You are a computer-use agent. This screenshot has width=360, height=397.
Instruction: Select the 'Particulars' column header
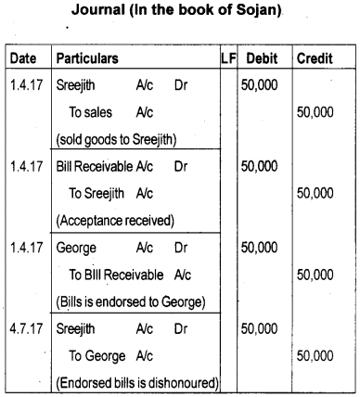point(87,58)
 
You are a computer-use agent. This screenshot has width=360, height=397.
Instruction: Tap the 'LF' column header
point(226,58)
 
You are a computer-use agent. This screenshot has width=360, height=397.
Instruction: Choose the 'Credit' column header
point(315,58)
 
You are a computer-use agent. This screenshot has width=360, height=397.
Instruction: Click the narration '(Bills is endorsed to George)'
point(133,302)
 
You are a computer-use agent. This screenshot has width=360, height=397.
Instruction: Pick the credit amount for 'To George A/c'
point(315,355)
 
